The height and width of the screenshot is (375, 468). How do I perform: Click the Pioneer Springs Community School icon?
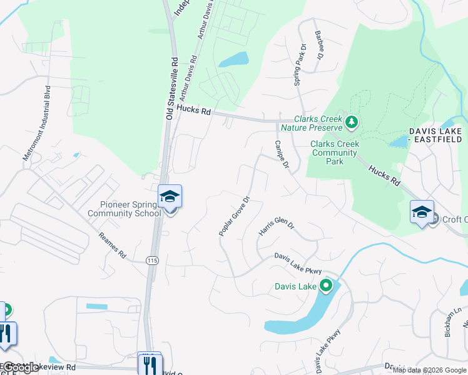(170, 197)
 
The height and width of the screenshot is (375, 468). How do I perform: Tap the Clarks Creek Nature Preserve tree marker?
(351, 122)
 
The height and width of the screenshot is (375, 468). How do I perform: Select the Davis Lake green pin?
(325, 286)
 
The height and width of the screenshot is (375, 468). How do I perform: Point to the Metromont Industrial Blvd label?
(36, 124)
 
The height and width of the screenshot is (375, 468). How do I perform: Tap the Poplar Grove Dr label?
(235, 216)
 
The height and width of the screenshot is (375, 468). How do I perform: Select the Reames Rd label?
(113, 246)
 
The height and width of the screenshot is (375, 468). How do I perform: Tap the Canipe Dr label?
(281, 155)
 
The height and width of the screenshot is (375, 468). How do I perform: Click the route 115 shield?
(151, 260)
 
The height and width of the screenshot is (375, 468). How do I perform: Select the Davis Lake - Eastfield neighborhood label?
(435, 136)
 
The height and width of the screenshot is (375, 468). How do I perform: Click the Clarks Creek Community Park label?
(335, 152)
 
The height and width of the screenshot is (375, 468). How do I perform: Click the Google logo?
(20, 368)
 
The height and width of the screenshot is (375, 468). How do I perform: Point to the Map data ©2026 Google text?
(429, 370)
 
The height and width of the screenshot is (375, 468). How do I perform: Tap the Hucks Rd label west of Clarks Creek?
(194, 110)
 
